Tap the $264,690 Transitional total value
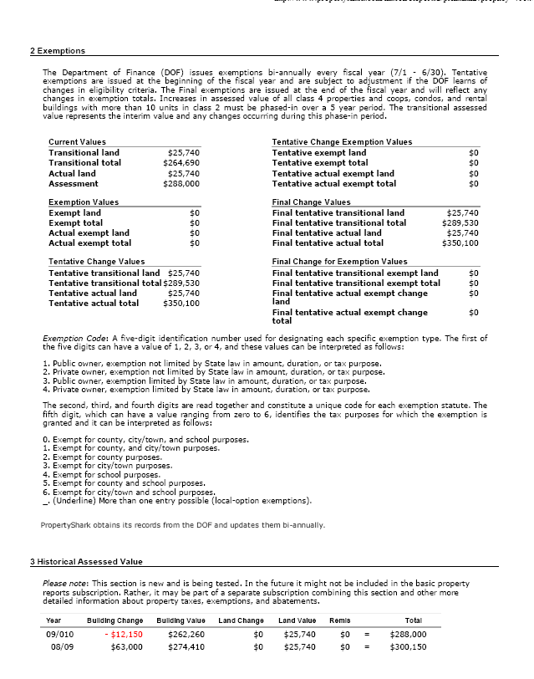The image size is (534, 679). point(181,163)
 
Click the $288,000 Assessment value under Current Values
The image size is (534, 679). point(181,183)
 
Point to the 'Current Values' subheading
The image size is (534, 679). point(77,142)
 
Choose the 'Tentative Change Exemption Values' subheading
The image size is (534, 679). point(342,142)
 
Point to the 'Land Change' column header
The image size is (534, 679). point(241,620)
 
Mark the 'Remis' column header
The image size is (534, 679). point(339,620)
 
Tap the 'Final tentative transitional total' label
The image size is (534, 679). point(339,223)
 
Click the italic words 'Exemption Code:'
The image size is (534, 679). point(72,339)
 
